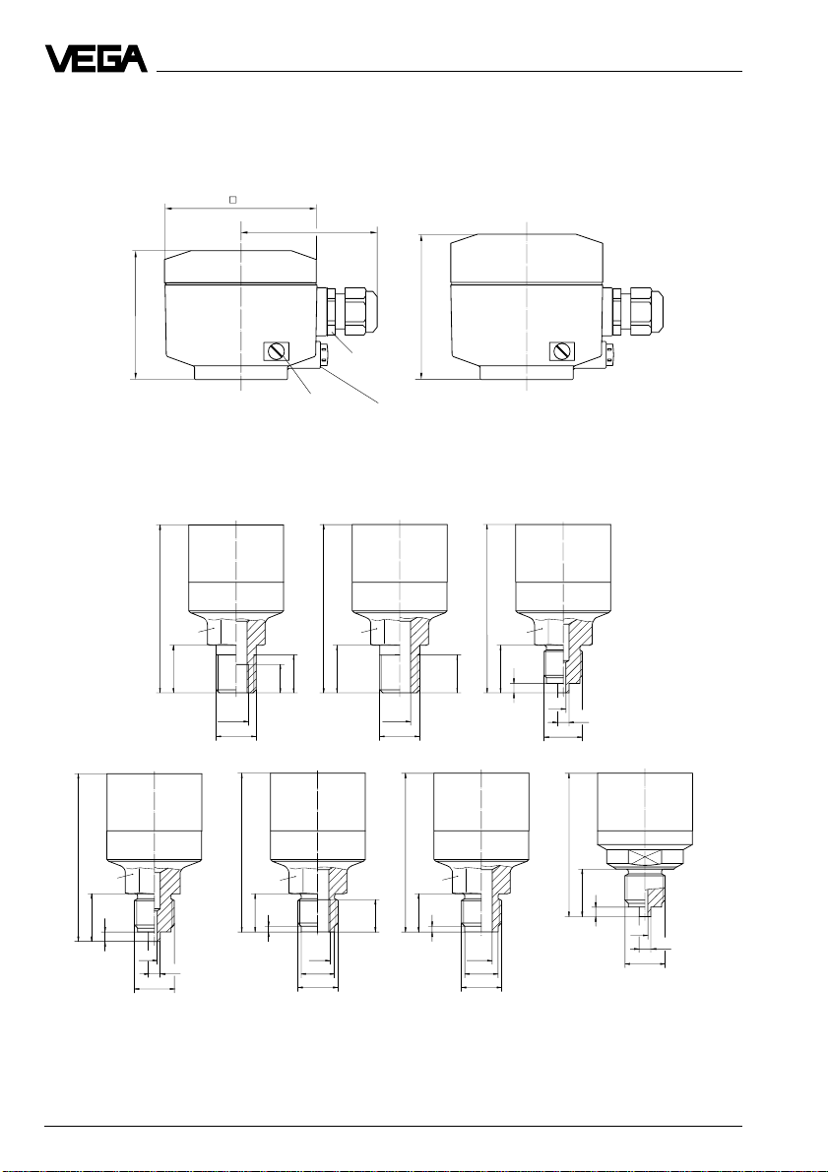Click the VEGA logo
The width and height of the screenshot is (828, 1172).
(x=96, y=59)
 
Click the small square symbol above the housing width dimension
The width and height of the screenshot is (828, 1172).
(x=232, y=200)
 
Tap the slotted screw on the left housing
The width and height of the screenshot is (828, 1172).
(x=277, y=350)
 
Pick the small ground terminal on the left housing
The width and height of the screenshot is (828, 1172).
(x=323, y=355)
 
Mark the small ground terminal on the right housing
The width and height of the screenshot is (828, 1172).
(x=608, y=355)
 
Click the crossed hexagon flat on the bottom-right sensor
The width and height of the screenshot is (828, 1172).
(x=645, y=856)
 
